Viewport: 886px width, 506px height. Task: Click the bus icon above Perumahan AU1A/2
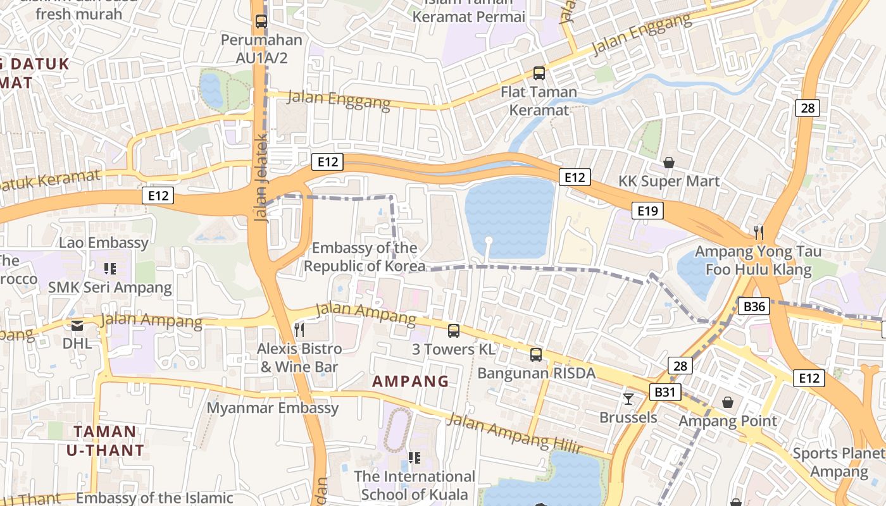(x=261, y=21)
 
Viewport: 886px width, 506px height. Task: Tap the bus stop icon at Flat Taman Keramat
(x=539, y=73)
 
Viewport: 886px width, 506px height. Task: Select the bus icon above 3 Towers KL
(x=453, y=330)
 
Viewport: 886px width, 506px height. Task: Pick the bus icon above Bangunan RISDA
(x=536, y=354)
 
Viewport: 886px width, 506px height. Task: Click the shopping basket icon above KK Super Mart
(x=669, y=163)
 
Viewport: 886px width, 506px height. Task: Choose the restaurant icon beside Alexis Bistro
(x=299, y=330)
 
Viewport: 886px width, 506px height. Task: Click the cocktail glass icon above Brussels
(x=628, y=398)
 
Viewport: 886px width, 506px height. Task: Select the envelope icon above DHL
(x=77, y=326)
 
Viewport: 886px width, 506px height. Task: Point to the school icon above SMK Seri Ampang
(x=110, y=269)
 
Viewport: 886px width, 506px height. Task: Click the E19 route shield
(x=647, y=211)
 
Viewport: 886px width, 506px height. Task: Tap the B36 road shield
(x=754, y=307)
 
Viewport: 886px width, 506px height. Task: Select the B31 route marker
(x=664, y=392)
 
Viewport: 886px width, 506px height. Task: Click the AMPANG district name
(x=410, y=381)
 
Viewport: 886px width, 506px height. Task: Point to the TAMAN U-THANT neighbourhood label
(x=105, y=441)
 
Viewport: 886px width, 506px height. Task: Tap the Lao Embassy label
(x=104, y=243)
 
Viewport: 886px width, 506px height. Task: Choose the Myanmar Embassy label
(x=273, y=408)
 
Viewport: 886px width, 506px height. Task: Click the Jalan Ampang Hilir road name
(x=515, y=434)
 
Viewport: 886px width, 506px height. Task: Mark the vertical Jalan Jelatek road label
(x=261, y=177)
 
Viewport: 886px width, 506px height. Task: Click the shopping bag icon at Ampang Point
(x=728, y=402)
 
